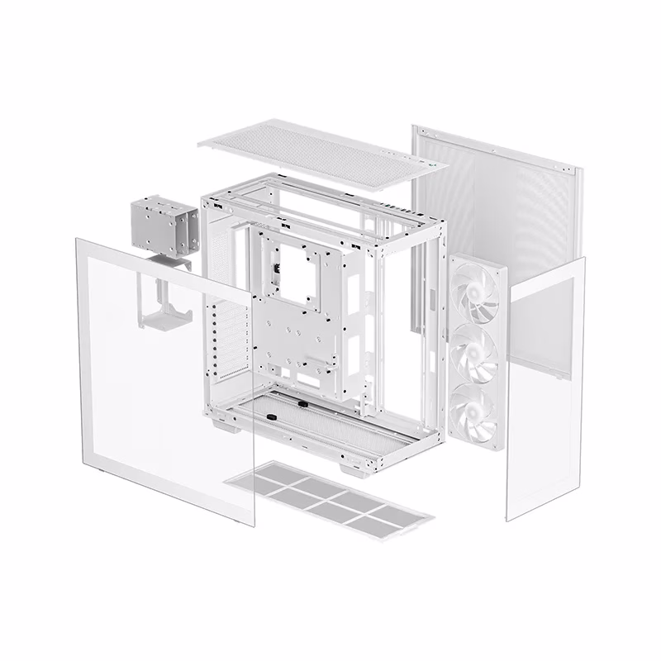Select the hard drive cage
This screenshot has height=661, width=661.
click(x=164, y=228)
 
